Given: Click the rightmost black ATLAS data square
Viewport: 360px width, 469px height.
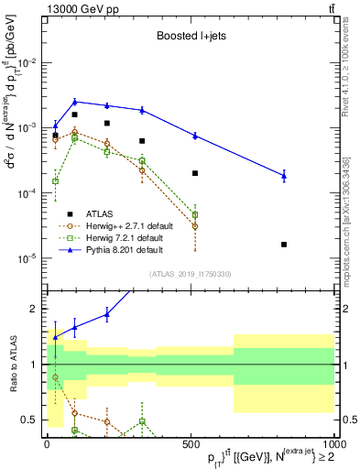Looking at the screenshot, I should coord(284,245).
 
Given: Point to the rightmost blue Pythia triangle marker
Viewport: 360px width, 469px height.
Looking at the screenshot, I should coord(284,175).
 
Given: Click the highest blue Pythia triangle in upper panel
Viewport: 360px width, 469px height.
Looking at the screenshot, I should coord(76,102).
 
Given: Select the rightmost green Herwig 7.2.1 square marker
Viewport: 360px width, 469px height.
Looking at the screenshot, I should coord(195,214).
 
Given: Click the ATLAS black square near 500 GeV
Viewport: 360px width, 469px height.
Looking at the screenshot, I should coord(195,173).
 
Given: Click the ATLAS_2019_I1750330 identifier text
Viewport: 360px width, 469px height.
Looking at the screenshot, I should coord(190,274).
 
